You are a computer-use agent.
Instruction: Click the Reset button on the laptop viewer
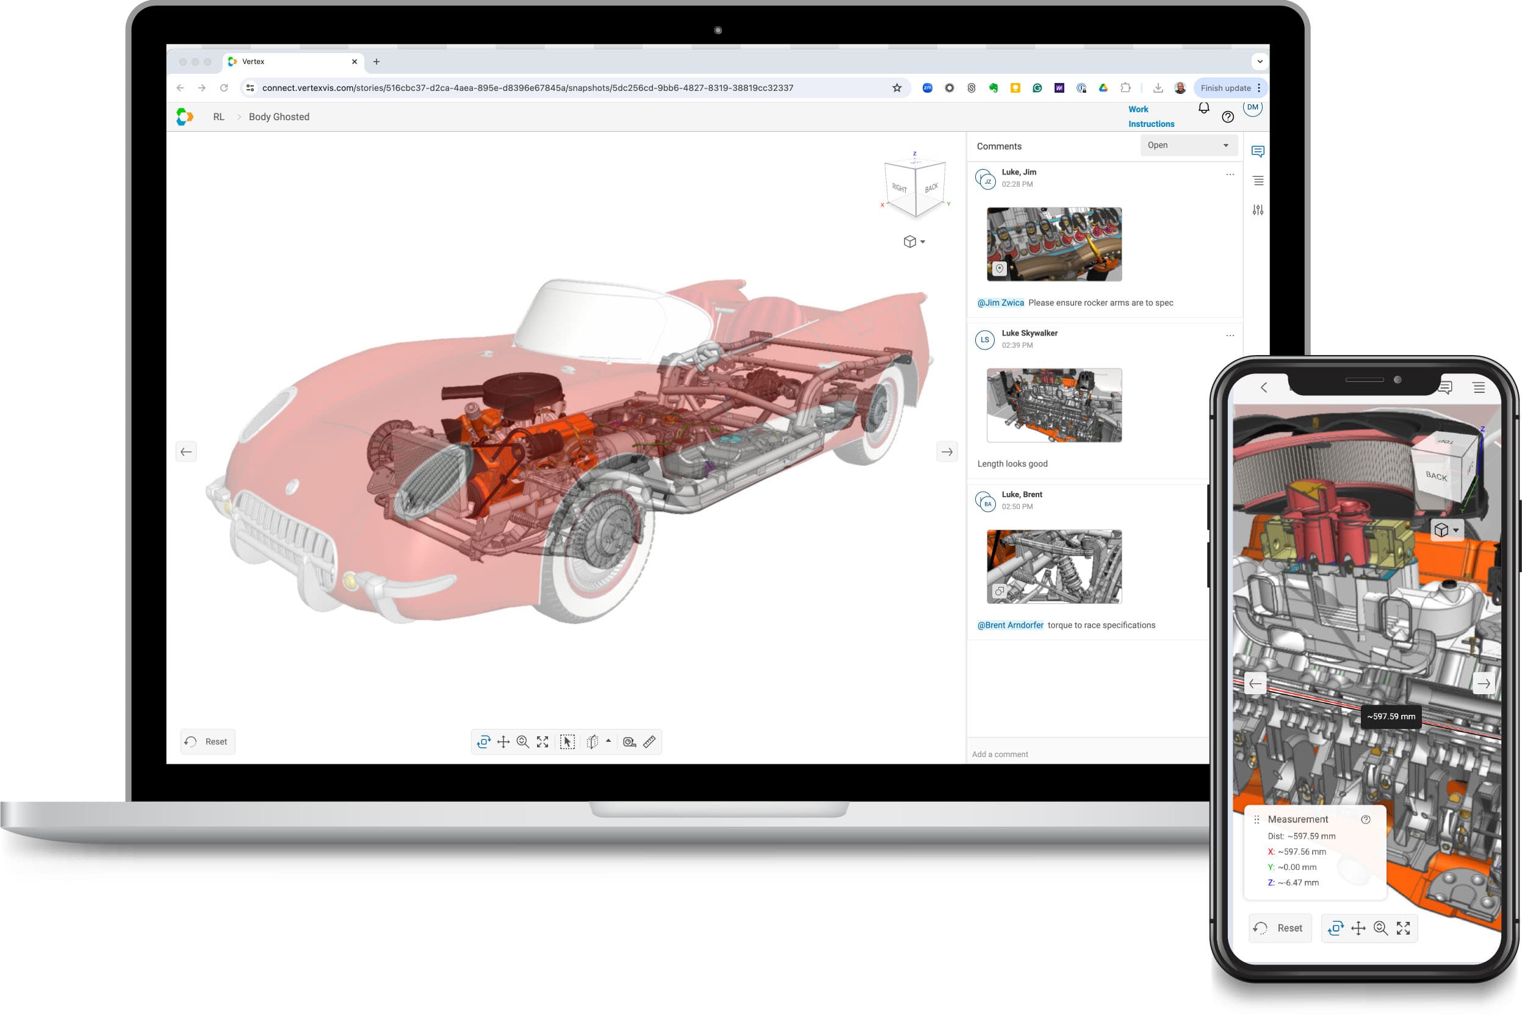(x=207, y=742)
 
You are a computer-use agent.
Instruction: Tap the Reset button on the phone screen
(x=1280, y=928)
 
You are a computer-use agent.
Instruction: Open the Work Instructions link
(x=1150, y=117)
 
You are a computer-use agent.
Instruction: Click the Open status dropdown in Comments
(x=1188, y=145)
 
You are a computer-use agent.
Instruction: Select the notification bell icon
(x=1204, y=108)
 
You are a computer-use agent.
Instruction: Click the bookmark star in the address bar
(x=896, y=88)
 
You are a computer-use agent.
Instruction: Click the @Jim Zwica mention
(x=1000, y=303)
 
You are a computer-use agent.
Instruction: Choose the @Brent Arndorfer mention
(x=1010, y=625)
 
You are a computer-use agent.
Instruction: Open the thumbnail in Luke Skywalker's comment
(x=1054, y=405)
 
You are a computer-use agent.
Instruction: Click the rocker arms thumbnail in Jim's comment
(x=1054, y=244)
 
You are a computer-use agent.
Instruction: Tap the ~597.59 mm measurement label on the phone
(x=1391, y=716)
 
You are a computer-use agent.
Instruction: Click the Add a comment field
(x=1087, y=754)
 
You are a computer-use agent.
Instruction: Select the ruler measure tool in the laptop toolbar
(x=649, y=742)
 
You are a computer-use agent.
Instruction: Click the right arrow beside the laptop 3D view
(x=947, y=451)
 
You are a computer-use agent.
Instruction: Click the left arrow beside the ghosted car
(x=186, y=451)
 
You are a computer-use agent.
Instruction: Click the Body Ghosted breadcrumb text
(x=278, y=117)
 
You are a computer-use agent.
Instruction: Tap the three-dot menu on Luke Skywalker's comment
(x=1230, y=336)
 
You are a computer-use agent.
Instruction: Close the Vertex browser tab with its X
(x=355, y=62)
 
